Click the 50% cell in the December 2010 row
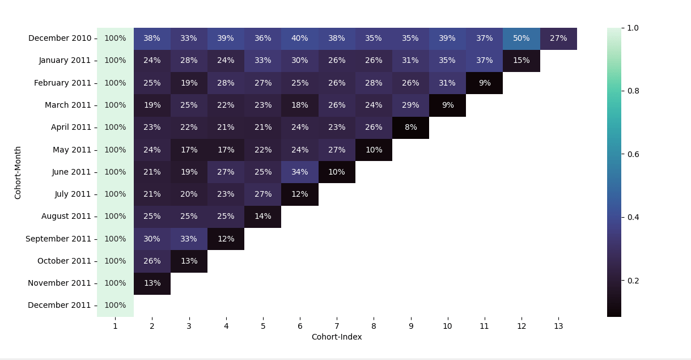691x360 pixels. point(521,39)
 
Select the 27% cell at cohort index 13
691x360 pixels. point(558,39)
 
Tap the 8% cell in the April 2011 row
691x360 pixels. point(410,128)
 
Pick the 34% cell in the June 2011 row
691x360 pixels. point(299,172)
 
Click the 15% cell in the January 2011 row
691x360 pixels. point(521,61)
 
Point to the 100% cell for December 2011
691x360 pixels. point(115,306)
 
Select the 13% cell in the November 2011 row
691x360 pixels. point(152,283)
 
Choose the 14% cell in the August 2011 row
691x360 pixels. point(262,217)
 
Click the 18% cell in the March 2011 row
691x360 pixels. point(299,105)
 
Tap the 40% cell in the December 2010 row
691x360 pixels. point(299,39)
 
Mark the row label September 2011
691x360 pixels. point(58,239)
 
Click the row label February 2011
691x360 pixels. point(62,83)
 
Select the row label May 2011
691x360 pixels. point(72,150)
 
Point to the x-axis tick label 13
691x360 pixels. point(558,327)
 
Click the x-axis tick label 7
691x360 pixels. point(337,327)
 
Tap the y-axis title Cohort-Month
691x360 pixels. point(18,172)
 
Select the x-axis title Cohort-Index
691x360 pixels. point(337,337)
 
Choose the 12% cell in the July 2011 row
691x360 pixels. point(299,194)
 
